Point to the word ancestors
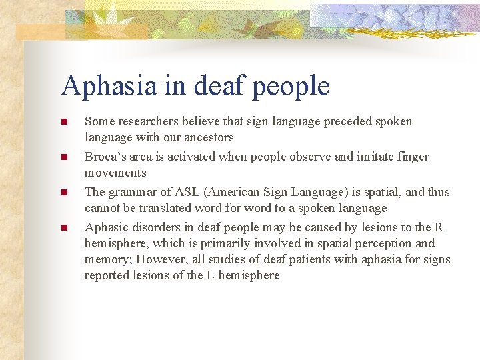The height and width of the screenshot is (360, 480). pyautogui.click(x=209, y=137)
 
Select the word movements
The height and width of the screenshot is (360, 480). pyautogui.click(x=115, y=173)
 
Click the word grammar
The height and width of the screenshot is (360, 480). pyautogui.click(x=132, y=192)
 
